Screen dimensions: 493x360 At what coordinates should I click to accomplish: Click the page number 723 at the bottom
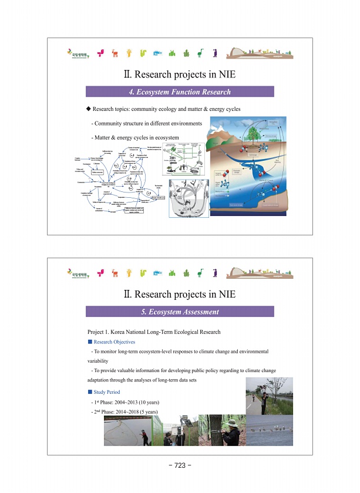click(180, 465)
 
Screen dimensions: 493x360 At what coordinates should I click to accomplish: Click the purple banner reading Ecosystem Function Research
click(180, 92)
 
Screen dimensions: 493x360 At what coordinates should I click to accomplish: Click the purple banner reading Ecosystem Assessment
click(180, 312)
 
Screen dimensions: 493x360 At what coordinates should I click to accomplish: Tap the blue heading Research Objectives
click(115, 342)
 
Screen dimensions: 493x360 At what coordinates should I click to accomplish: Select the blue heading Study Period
click(107, 391)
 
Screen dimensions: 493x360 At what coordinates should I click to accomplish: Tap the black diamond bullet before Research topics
click(88, 109)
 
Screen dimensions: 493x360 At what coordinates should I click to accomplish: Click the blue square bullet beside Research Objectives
click(90, 342)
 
